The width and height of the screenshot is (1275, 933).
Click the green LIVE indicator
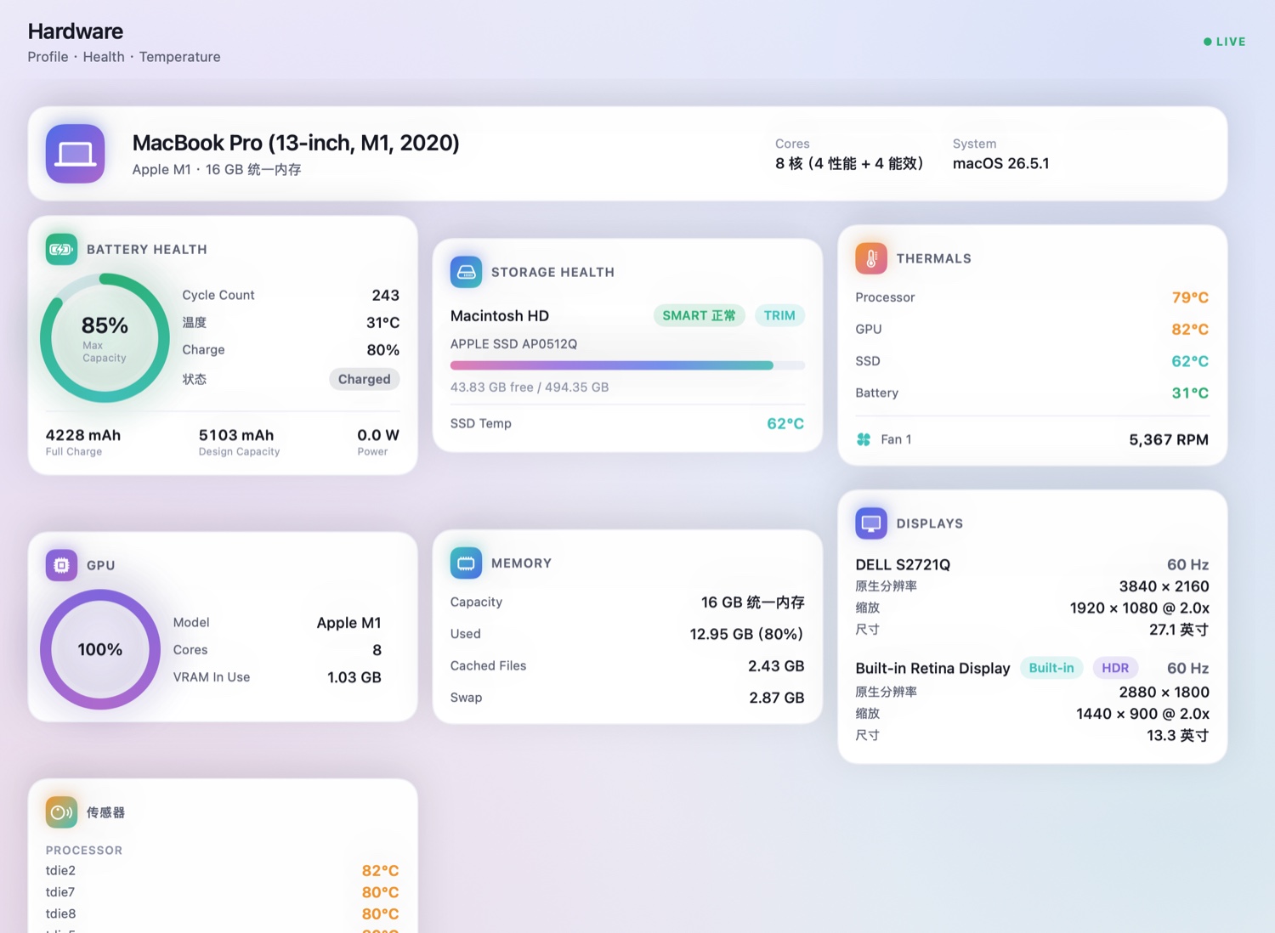click(1224, 42)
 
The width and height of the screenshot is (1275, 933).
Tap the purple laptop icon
click(75, 154)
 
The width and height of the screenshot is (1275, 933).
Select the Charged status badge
click(365, 379)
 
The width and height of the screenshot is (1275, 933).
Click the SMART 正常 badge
click(699, 316)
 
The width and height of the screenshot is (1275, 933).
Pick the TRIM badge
click(779, 316)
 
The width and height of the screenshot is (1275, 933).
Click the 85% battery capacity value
click(105, 325)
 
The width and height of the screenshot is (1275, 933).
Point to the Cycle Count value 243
click(385, 295)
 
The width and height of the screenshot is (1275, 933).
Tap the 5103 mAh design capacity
click(236, 435)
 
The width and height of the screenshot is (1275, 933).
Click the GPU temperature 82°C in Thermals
click(1190, 330)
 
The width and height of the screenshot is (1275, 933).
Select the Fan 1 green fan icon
click(864, 439)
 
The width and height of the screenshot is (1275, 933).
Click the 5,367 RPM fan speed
click(1169, 440)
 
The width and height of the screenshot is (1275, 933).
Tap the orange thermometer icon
click(871, 258)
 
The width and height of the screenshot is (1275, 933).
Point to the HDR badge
click(1115, 668)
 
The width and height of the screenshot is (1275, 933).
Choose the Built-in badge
click(1051, 668)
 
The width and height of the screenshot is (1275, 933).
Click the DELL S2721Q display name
click(903, 564)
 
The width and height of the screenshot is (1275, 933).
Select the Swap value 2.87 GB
click(776, 698)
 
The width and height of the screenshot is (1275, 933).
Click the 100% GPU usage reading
click(100, 650)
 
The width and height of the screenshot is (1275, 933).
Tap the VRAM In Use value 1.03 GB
click(354, 677)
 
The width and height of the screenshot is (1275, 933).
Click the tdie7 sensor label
click(60, 892)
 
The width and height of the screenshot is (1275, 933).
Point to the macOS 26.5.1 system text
click(1000, 163)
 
